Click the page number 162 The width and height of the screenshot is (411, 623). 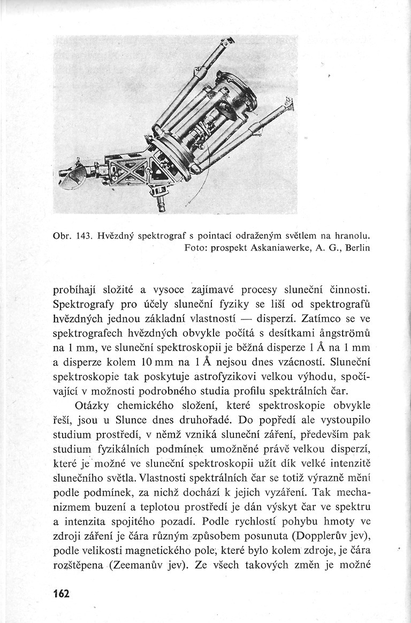pos(62,594)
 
